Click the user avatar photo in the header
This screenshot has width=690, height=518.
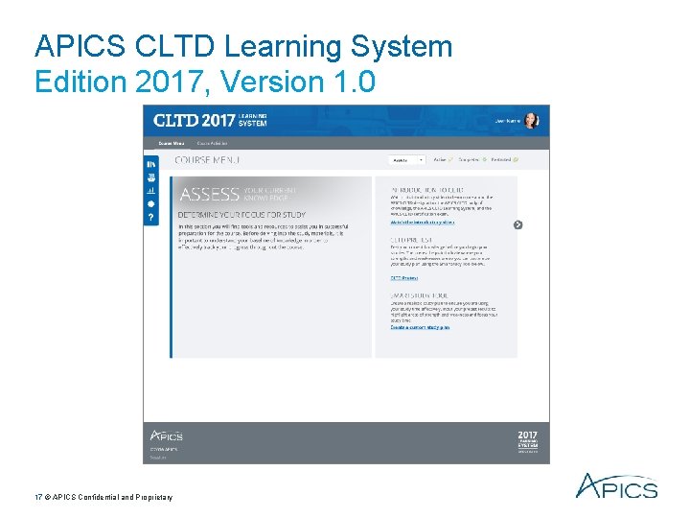[532, 121]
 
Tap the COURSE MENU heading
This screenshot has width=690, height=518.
[207, 160]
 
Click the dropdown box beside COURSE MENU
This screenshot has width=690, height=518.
[406, 160]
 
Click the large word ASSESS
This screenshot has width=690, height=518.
[210, 195]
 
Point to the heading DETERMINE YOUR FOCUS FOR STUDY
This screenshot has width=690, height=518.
[241, 216]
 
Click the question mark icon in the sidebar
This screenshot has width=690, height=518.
[150, 218]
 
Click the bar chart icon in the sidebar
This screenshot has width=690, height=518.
[150, 191]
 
